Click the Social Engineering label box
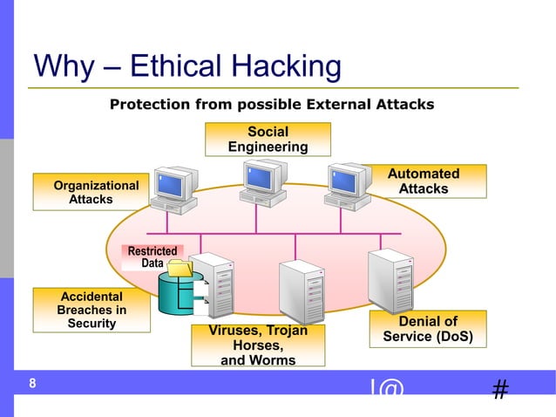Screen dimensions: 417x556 coord(268,140)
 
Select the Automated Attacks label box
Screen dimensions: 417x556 coord(423,181)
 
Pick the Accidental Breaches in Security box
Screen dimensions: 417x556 coord(92,311)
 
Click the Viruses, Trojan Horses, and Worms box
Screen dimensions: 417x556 coord(258,345)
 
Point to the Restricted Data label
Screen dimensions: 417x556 coord(152,256)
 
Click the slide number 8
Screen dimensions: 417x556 coord(32,384)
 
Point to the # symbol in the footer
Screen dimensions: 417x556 coord(500,390)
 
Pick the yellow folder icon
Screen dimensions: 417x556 coord(180,268)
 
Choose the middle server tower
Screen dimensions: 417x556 coord(302,292)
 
